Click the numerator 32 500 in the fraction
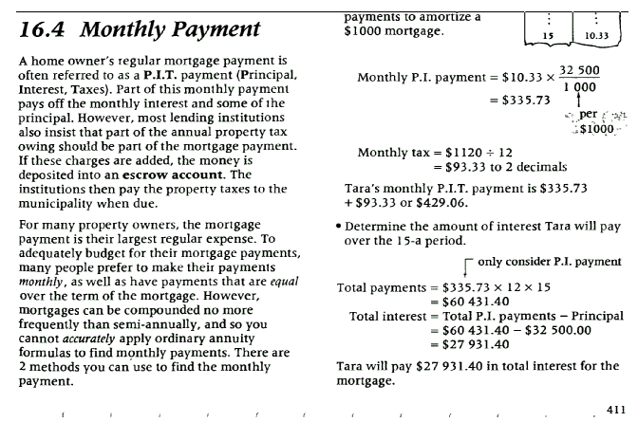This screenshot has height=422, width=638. (x=580, y=71)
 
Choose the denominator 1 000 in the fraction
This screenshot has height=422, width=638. (x=578, y=87)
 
